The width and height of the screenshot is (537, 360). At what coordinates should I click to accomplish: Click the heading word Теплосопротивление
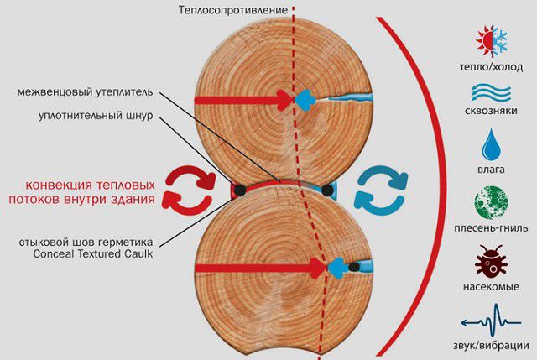[x=233, y=10]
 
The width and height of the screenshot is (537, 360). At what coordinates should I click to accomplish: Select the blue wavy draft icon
[x=491, y=92]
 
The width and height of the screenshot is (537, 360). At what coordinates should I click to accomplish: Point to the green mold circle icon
[x=491, y=202]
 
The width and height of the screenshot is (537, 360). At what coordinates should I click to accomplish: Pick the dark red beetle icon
[x=491, y=259]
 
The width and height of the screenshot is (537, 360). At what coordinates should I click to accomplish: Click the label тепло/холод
[x=491, y=67]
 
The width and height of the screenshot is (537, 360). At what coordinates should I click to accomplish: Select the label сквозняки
[x=491, y=111]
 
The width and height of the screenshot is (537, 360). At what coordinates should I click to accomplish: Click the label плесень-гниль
[x=491, y=227]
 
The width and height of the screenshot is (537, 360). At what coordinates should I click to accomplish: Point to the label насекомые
[x=491, y=286]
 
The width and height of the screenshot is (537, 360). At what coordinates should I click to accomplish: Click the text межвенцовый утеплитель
[x=86, y=92]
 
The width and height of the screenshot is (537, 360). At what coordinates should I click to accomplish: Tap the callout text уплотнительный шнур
[x=96, y=116]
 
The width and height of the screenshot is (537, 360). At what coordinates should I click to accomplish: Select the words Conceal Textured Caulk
[x=93, y=254]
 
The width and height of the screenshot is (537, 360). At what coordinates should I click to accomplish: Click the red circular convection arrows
[x=188, y=190]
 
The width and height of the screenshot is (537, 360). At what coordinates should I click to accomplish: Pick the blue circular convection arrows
[x=381, y=190]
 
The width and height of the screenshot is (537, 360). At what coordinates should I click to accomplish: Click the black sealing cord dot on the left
[x=239, y=190]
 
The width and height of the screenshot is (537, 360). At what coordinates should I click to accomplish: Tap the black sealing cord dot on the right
[x=327, y=190]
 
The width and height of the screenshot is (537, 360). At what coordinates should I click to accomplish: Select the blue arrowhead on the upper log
[x=305, y=100]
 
